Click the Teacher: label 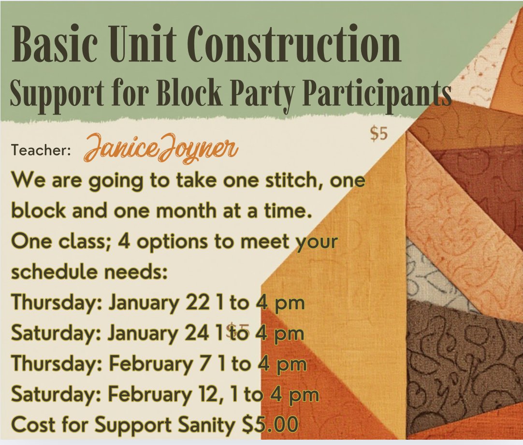[x=41, y=150]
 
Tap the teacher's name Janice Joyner [x=161, y=149]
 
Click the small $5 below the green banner [x=379, y=134]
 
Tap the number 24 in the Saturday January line [x=197, y=333]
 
